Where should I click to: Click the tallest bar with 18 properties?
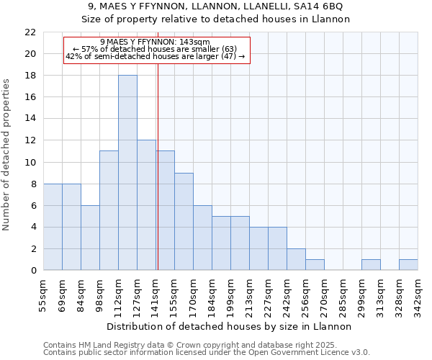pos(127,173)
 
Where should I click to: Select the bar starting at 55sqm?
pos(53,227)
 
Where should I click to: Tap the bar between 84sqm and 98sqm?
pos(90,238)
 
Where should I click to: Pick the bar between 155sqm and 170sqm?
pos(184,222)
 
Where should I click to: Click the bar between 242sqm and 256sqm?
pos(296,259)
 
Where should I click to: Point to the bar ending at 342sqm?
pos(408,265)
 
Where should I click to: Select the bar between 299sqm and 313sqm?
pos(371,265)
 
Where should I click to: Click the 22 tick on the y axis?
pos(30,32)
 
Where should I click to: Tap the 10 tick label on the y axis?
pos(30,162)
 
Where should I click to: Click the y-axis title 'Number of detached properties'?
pos(7,155)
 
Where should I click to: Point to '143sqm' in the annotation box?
pos(195,42)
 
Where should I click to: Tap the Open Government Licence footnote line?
pos(207,352)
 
